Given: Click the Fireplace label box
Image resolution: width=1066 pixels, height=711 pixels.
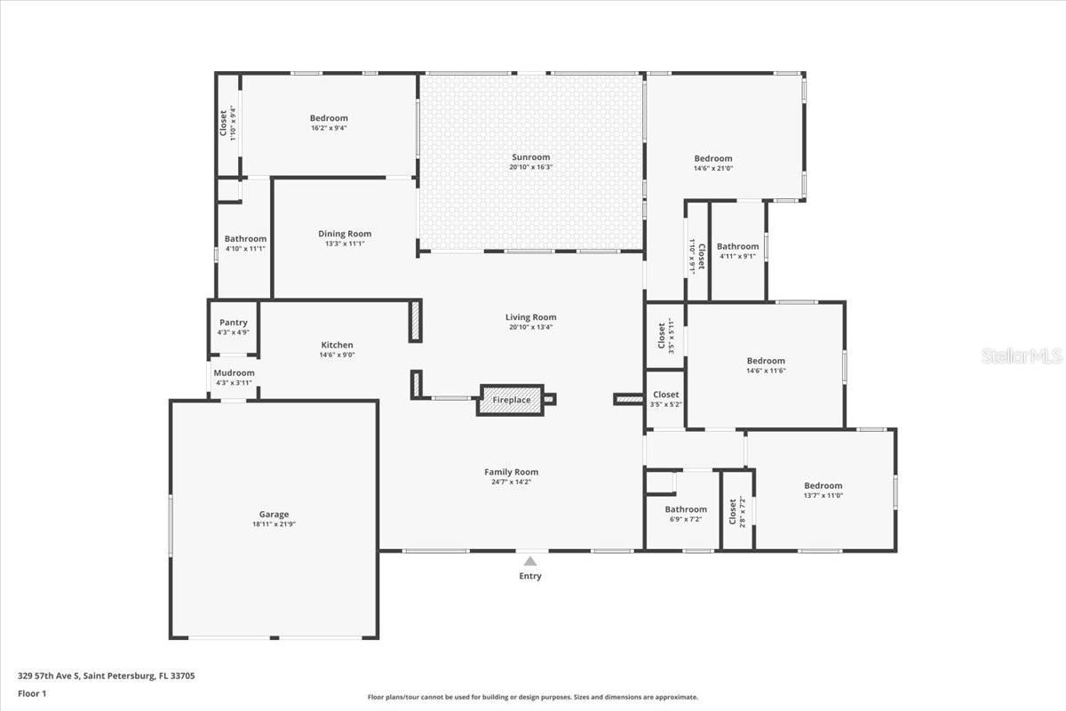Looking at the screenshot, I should coord(511,400).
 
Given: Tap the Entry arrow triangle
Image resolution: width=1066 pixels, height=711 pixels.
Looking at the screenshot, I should coord(530,561).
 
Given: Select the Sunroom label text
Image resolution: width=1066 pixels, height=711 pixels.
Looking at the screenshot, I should coord(530,157).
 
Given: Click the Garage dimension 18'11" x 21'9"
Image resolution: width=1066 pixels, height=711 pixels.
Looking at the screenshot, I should coord(274,524).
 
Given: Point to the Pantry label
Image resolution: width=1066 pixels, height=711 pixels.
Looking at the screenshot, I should coord(233,323).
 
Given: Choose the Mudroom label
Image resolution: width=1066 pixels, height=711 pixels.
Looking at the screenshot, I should coord(234,373).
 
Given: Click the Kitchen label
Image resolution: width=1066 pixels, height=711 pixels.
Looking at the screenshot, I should coord(337,345).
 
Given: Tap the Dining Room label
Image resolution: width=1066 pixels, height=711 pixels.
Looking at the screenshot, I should coord(345,234).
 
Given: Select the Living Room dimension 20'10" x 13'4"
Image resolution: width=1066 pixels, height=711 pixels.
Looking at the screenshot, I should coord(530,327).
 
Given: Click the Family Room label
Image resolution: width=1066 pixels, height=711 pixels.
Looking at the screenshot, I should coord(511,472).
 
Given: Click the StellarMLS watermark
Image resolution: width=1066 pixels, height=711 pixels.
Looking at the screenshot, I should coord(1022,356).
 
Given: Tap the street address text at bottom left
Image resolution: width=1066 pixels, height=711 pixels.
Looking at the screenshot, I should coord(107,675).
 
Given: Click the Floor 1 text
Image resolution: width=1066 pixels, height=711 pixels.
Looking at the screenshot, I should coord(32,693).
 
